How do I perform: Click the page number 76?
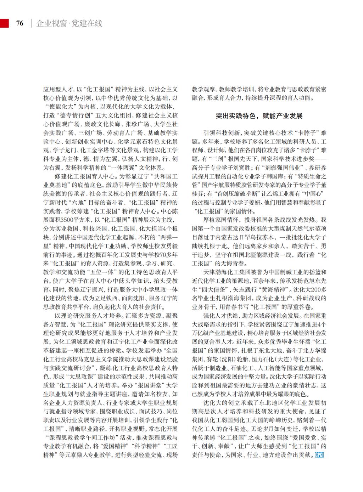click(20, 23)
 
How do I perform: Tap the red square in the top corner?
click(4, 23)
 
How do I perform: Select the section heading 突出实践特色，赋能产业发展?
click(259, 116)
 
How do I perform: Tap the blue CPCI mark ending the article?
click(319, 455)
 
